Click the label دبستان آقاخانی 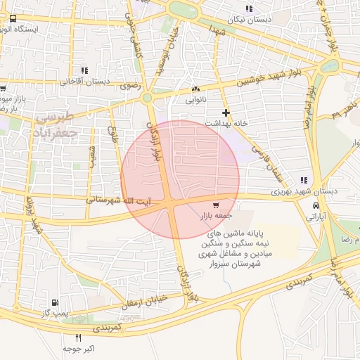coord(88,81)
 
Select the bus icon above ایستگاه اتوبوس coord(15,20)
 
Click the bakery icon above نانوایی coord(195,89)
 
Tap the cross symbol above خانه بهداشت coord(226,112)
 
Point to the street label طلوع coord(112,133)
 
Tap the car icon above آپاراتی coord(317,206)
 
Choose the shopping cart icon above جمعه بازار coord(215,205)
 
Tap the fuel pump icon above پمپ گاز coord(56,300)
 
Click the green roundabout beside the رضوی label coord(148,98)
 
